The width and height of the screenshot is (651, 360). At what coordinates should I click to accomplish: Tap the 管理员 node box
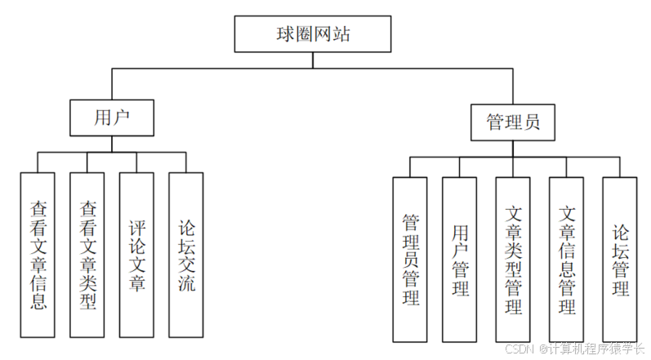pyautogui.click(x=512, y=122)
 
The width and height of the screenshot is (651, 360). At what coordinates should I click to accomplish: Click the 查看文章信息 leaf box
pyautogui.click(x=38, y=255)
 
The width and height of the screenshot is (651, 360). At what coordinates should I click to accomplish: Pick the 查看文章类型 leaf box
pyautogui.click(x=87, y=255)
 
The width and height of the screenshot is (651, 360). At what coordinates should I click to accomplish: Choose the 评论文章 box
pyautogui.click(x=136, y=255)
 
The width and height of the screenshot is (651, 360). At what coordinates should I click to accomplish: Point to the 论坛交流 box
pyautogui.click(x=185, y=255)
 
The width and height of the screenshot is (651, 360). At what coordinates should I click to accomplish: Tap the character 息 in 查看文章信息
pyautogui.click(x=38, y=303)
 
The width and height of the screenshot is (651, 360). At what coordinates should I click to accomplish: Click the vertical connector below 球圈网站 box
pyautogui.click(x=314, y=60)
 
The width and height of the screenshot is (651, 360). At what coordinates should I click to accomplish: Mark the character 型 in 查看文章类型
pyautogui.click(x=87, y=303)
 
